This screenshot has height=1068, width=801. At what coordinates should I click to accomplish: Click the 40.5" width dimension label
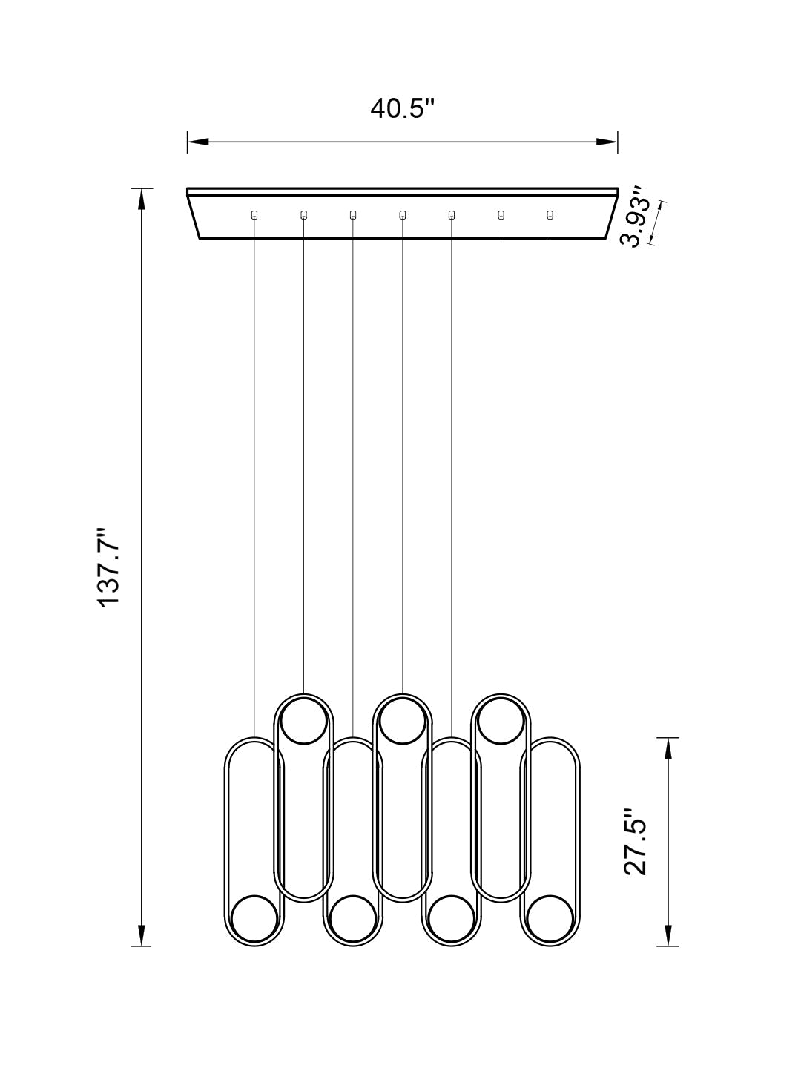[x=401, y=108]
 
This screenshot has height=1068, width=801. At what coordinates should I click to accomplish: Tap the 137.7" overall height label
[x=111, y=567]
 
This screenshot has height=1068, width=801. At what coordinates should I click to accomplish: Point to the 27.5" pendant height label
[x=636, y=841]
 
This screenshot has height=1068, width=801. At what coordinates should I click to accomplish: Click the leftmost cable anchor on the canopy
[x=254, y=215]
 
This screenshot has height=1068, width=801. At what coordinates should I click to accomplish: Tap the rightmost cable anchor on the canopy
[x=550, y=215]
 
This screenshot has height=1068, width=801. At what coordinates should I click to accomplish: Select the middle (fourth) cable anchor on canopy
[x=402, y=215]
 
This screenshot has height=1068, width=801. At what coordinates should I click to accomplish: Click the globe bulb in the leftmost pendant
[x=254, y=920]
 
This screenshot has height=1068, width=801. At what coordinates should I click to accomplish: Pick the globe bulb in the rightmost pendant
[x=550, y=920]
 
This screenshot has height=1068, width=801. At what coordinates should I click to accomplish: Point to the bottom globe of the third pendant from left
[x=353, y=920]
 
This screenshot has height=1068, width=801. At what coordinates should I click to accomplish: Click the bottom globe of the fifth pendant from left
[x=451, y=920]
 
